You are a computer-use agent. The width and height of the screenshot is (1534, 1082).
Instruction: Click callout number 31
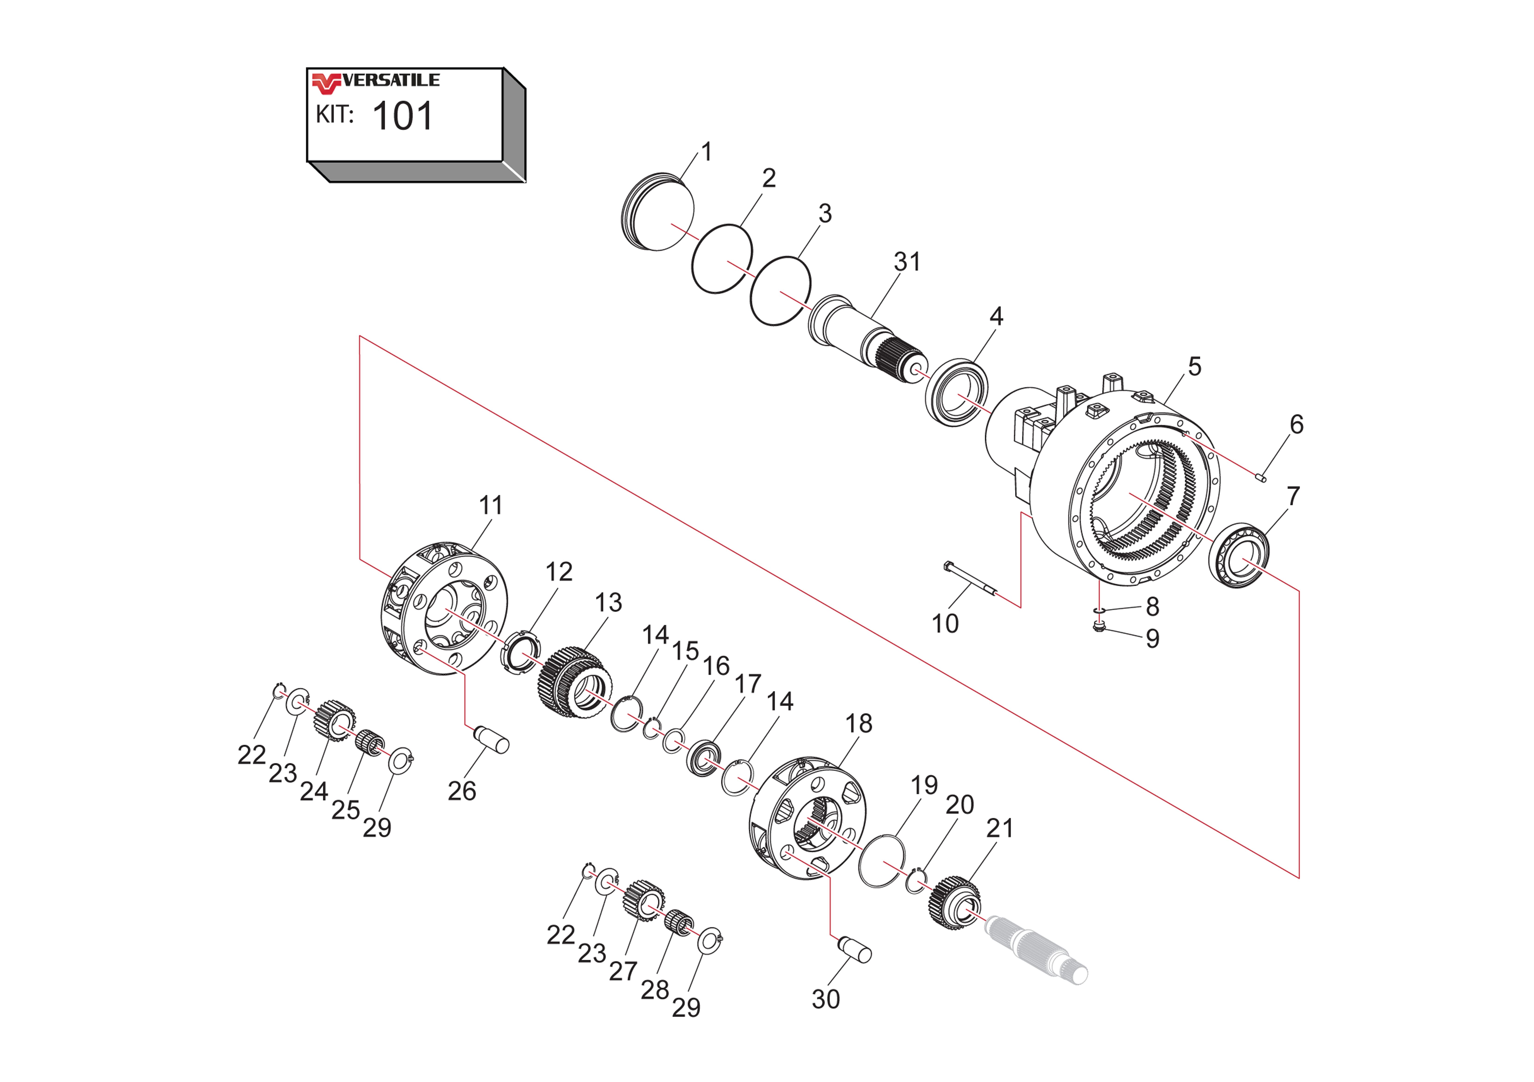point(907,262)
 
